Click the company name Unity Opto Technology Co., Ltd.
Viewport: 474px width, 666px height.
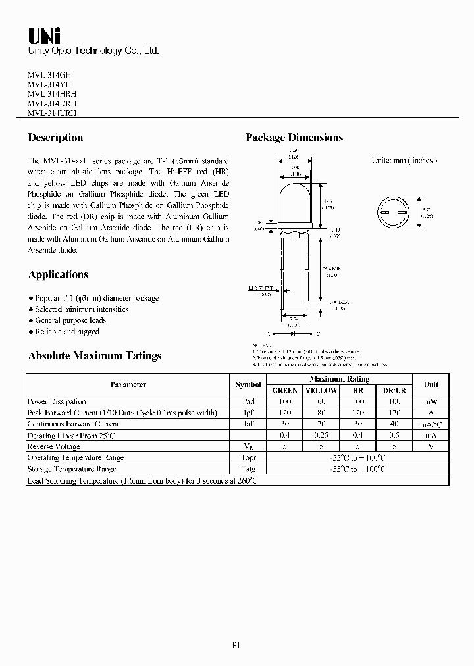pos(93,51)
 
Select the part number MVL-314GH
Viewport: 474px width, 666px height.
pos(52,75)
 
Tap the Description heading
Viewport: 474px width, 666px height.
pos(55,138)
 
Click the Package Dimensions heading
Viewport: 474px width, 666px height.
pos(294,138)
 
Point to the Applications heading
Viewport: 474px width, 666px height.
pos(58,275)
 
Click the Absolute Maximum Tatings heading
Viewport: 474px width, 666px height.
pos(94,356)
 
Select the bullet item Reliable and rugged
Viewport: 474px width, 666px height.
pos(66,332)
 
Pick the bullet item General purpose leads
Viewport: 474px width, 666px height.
pos(70,320)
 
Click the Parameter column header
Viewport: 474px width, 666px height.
pos(128,384)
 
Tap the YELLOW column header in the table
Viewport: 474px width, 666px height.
pos(321,390)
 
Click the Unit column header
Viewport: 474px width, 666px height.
pos(431,384)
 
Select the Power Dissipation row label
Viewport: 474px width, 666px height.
pos(57,401)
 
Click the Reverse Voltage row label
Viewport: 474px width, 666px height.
pos(55,446)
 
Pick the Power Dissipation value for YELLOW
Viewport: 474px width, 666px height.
pos(321,401)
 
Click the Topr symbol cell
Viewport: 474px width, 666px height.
pos(248,457)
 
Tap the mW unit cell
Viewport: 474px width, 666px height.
pos(431,401)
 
